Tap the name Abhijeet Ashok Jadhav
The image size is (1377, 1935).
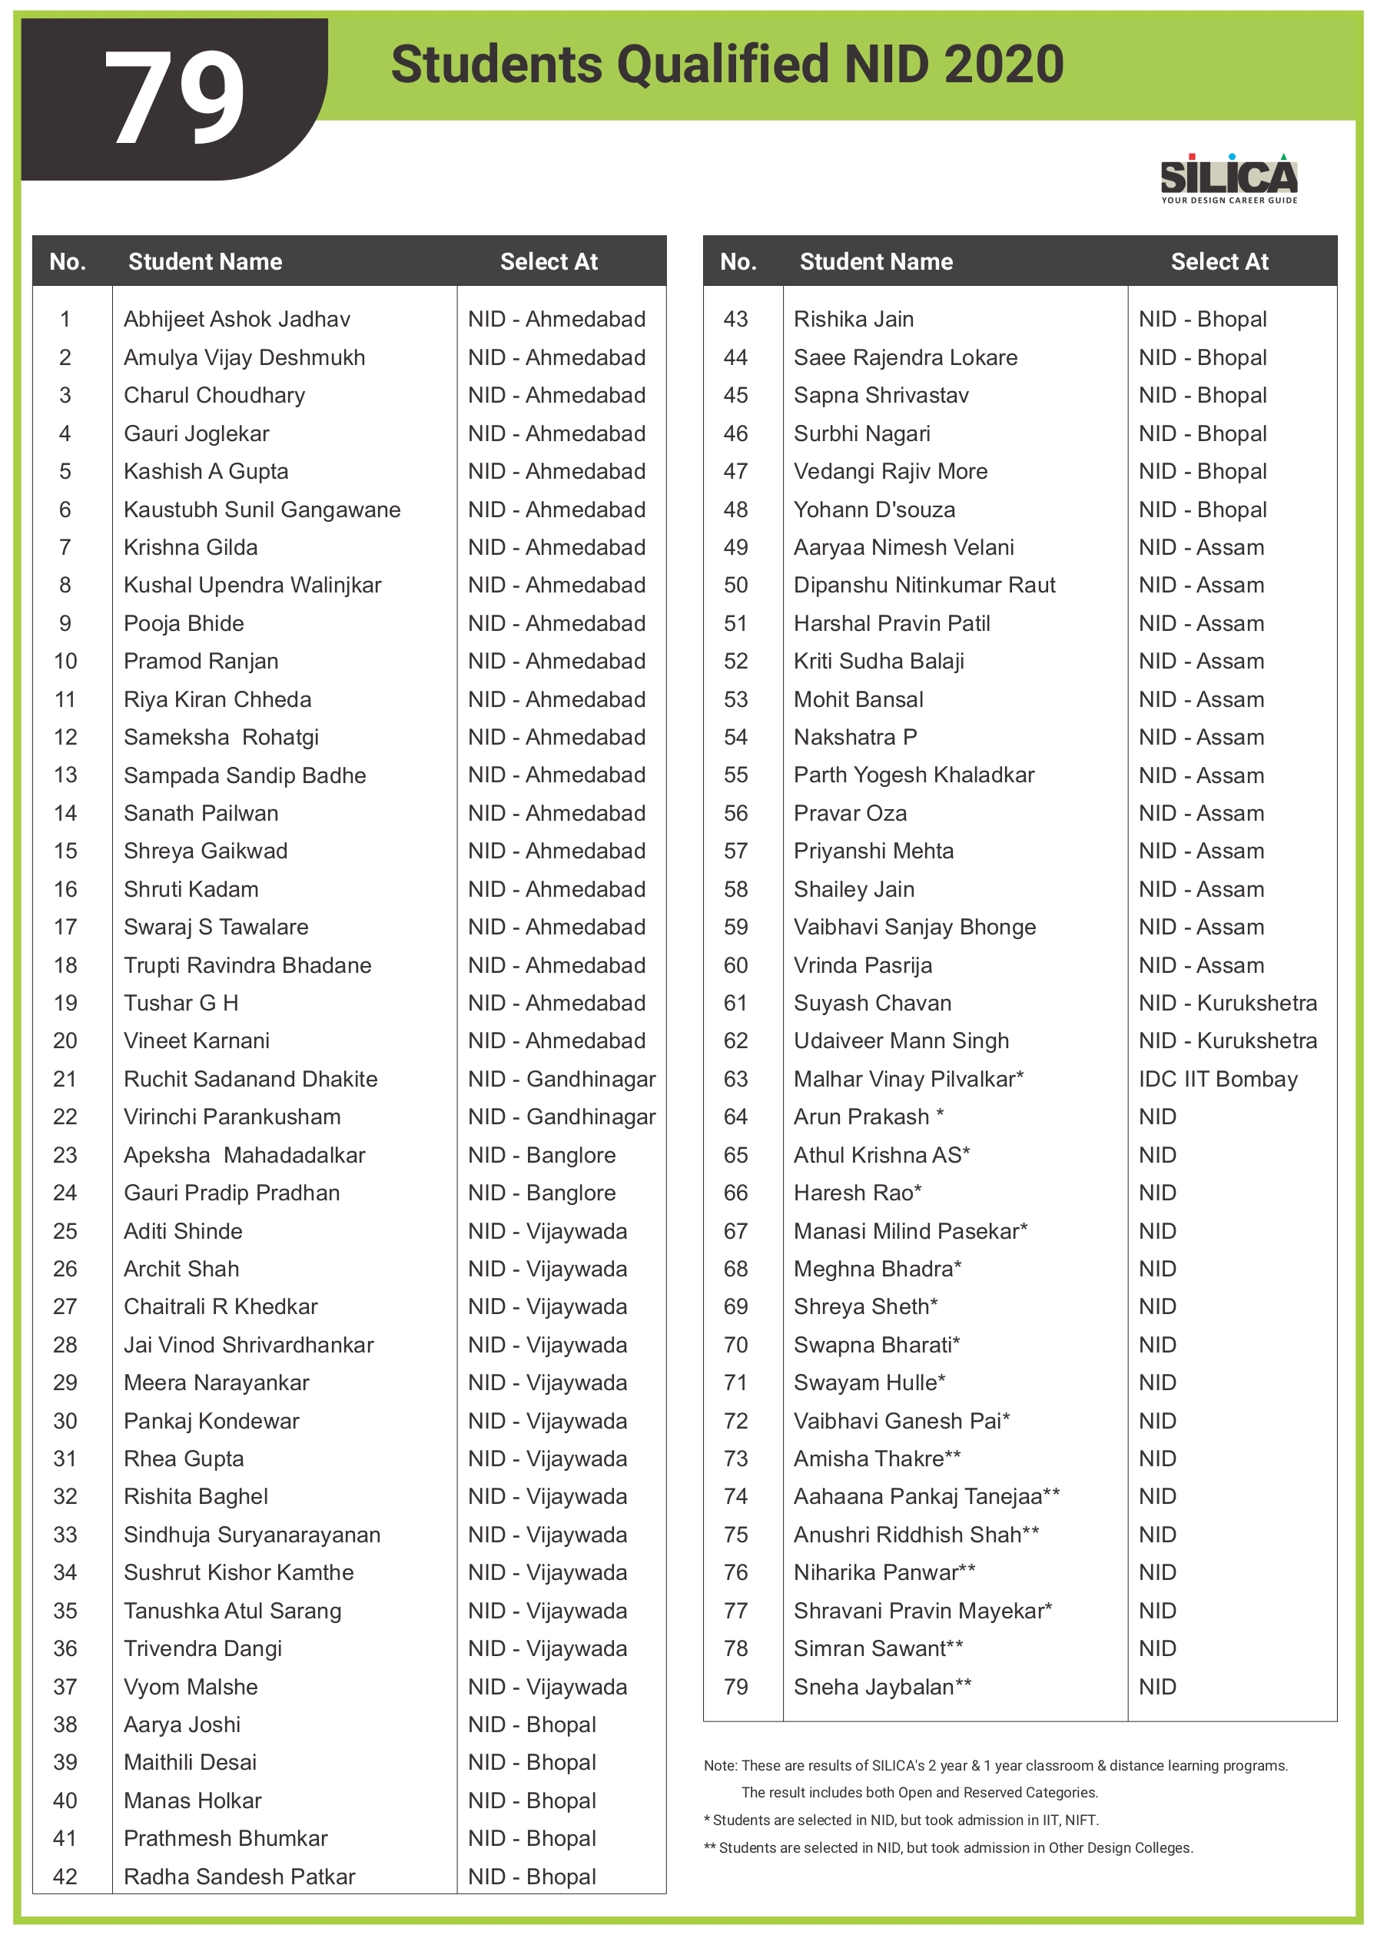(x=237, y=320)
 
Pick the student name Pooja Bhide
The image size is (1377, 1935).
(x=183, y=624)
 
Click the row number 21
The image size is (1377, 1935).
(x=65, y=1080)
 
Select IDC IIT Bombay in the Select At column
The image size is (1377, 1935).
(x=1218, y=1080)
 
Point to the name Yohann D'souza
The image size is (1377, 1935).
(x=874, y=509)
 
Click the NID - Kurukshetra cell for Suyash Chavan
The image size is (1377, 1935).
(x=1227, y=1003)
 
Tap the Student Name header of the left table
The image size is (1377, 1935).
(x=205, y=262)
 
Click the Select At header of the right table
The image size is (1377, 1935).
(x=1219, y=262)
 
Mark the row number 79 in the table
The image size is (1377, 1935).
(x=736, y=1688)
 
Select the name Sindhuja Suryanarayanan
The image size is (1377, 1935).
(x=252, y=1535)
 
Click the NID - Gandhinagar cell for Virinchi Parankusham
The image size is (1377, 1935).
(x=561, y=1117)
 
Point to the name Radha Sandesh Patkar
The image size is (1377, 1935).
(x=239, y=1877)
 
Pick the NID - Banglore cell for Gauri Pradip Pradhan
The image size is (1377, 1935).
(x=542, y=1193)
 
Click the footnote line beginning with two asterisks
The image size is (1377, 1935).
(x=948, y=1848)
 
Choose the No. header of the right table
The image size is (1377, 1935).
(x=738, y=262)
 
